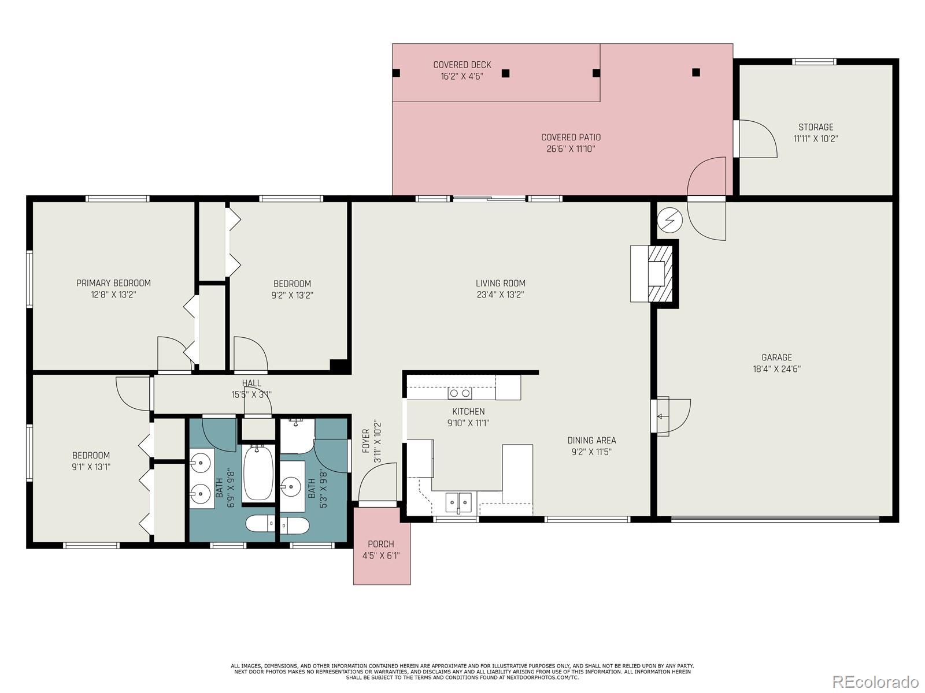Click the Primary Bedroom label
(x=113, y=283)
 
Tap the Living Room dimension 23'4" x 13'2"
(x=500, y=295)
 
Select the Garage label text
(x=776, y=357)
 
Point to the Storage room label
(x=816, y=127)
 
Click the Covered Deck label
(x=462, y=65)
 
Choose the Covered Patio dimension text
(x=571, y=148)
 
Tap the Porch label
(x=381, y=544)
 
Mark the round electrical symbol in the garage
(x=670, y=220)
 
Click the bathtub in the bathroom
(x=258, y=474)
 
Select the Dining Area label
(x=591, y=440)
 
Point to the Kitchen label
(x=468, y=411)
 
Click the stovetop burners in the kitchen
(x=460, y=393)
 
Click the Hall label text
(x=251, y=383)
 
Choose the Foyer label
(x=366, y=441)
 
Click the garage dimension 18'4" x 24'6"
(x=776, y=369)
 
